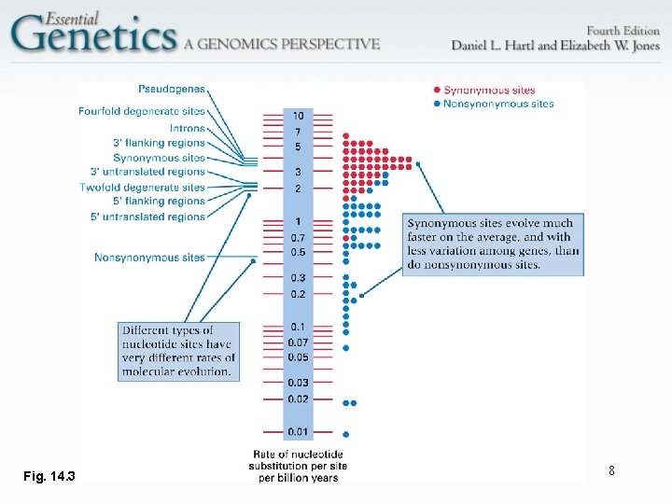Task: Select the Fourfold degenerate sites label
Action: point(155,112)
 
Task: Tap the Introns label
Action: point(187,128)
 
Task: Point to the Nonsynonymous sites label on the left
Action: point(149,257)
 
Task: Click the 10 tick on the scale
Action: point(298,115)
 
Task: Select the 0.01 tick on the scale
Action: point(297,431)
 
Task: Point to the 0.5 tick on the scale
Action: point(298,253)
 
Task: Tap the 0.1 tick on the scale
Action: point(297,327)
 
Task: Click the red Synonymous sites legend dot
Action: point(437,90)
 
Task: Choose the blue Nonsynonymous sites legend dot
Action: point(437,104)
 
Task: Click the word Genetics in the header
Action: point(93,35)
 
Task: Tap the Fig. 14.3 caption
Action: point(49,477)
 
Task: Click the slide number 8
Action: point(611,471)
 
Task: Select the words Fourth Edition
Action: point(622,30)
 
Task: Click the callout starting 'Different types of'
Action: point(179,351)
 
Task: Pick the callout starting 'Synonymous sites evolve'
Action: point(494,244)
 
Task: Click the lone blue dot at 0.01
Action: point(346,434)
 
